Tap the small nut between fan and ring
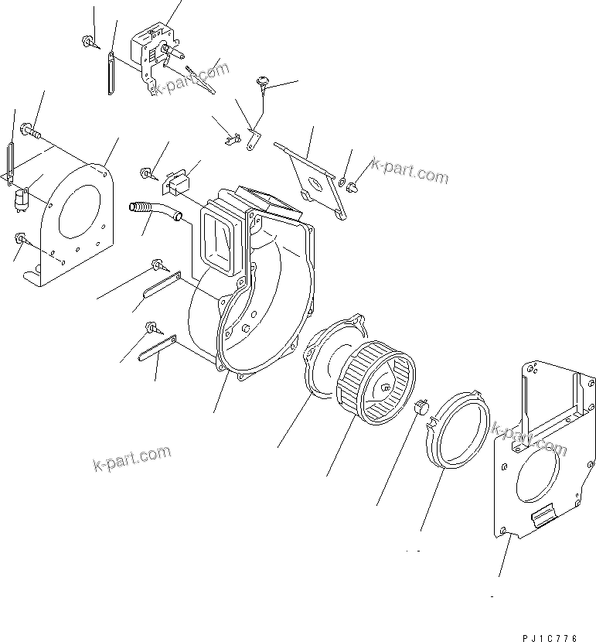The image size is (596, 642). (422, 406)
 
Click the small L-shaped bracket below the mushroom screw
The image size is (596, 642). (253, 140)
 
